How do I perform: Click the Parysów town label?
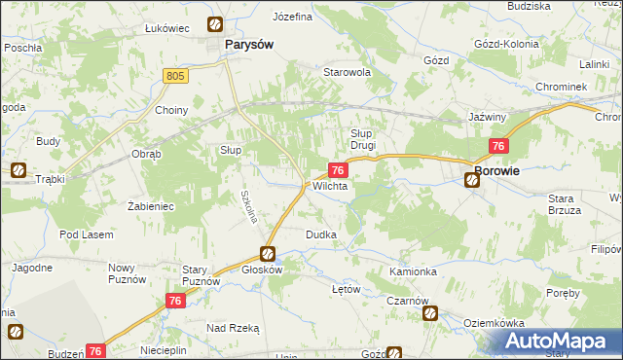click(247, 45)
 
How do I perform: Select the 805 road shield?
click(175, 75)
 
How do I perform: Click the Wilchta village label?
click(330, 185)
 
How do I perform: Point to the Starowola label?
click(348, 72)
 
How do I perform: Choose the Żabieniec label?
click(150, 206)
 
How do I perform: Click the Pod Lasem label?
click(86, 234)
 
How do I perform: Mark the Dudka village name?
click(321, 234)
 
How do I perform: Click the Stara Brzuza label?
click(564, 203)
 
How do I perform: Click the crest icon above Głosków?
click(267, 253)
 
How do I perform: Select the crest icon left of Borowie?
click(471, 178)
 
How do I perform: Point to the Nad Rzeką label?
click(233, 329)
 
